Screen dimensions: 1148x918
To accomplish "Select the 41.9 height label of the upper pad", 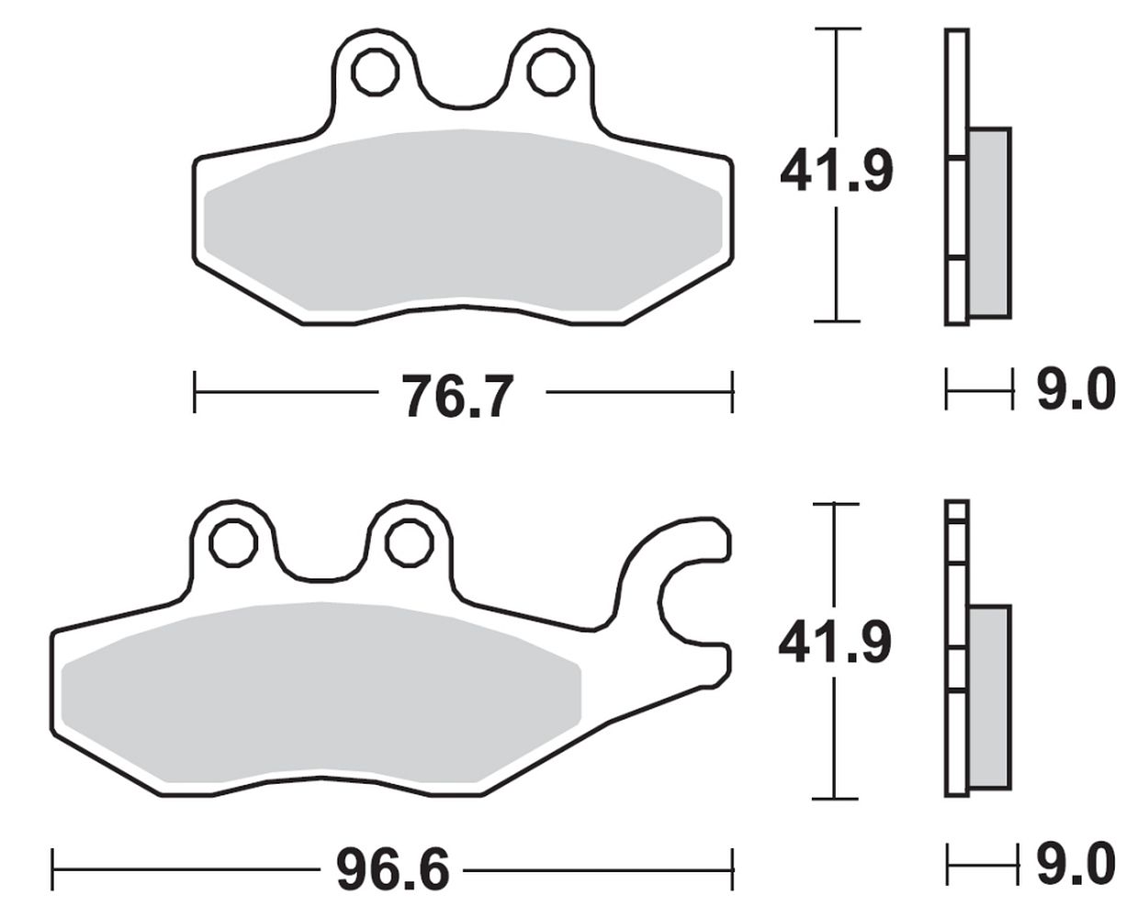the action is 836,172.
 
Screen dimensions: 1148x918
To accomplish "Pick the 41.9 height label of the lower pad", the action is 835,644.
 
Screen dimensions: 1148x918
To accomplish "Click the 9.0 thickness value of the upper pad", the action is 1076,389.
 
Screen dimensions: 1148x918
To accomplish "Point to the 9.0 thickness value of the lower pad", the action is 1076,864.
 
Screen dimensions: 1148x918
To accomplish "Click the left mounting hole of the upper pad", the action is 375,72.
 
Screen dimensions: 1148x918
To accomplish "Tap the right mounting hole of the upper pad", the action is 550,72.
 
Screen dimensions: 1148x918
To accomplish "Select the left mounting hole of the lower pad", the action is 233,543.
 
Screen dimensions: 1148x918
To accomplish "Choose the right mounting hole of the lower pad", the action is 409,543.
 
